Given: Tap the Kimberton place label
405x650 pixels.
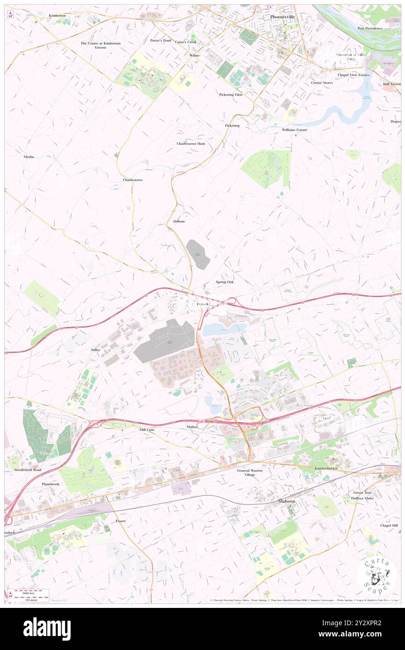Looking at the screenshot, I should click(57, 15).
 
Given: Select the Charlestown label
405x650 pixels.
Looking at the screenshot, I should click(132, 180).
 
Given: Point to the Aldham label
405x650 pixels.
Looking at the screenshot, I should click(179, 221).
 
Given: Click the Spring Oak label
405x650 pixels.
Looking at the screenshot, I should click(224, 282).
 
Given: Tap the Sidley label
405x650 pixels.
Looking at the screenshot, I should click(95, 349).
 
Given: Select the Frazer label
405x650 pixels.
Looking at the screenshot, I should click(121, 520).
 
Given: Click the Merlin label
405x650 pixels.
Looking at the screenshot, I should click(29, 157).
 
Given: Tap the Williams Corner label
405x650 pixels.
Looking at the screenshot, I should click(294, 130).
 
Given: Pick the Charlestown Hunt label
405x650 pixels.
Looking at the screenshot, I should click(190, 144).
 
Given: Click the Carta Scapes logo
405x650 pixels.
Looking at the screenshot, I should click(377, 574).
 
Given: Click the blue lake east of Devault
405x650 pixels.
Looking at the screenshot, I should click(223, 330).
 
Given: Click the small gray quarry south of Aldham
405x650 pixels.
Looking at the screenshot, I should click(198, 254).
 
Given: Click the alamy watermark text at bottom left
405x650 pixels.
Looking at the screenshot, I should click(47, 628).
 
